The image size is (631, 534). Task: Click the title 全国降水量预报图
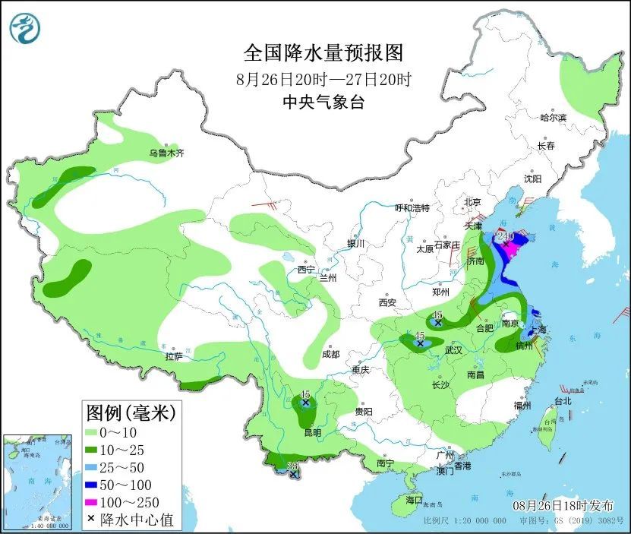323,53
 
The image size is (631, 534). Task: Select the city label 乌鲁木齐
166,153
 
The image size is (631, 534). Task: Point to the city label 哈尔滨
554,118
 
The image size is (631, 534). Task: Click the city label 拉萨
173,356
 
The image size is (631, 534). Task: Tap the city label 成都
330,354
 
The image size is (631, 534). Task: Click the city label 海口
413,501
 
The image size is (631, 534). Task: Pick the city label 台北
562,401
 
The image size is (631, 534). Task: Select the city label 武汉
454,350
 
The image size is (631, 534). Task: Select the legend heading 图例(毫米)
131,413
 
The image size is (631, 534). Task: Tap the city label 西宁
306,270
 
